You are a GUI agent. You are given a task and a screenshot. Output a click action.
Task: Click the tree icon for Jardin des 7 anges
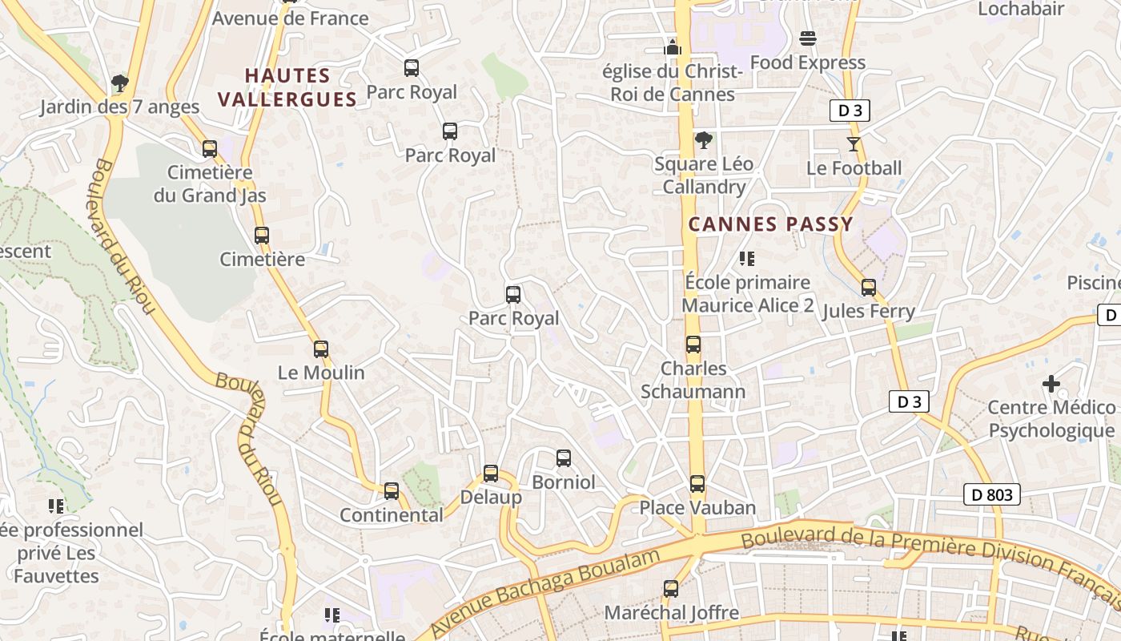pyautogui.click(x=119, y=83)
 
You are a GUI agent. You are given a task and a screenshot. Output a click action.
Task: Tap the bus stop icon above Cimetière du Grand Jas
pyautogui.click(x=210, y=148)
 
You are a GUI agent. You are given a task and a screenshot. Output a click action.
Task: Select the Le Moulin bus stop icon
pyautogui.click(x=321, y=349)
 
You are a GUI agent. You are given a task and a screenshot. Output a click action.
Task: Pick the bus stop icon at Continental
pyautogui.click(x=392, y=490)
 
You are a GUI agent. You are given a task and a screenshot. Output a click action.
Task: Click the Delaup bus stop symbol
pyautogui.click(x=491, y=473)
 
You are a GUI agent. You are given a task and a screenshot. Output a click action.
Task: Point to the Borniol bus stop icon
pyautogui.click(x=564, y=458)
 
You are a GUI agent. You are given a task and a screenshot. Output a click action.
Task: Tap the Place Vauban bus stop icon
pyautogui.click(x=697, y=484)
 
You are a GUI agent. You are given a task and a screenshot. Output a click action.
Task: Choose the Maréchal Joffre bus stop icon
pyautogui.click(x=671, y=589)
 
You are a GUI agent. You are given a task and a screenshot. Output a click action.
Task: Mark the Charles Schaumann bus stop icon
pyautogui.click(x=693, y=345)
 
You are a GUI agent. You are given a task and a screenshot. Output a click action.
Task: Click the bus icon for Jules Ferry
pyautogui.click(x=869, y=287)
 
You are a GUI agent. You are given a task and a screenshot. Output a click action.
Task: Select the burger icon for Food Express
pyautogui.click(x=807, y=38)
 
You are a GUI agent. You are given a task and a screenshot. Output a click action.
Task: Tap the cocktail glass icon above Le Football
pyautogui.click(x=854, y=144)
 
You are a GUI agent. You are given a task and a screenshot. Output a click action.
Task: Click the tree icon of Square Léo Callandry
pyautogui.click(x=704, y=140)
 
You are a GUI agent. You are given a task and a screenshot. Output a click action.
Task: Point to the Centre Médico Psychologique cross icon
pyautogui.click(x=1051, y=384)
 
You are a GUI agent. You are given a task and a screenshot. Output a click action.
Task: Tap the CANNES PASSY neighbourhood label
pyautogui.click(x=771, y=224)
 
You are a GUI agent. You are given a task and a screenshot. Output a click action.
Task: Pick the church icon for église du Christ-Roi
pyautogui.click(x=673, y=47)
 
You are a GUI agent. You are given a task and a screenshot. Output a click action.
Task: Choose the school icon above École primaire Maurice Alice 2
pyautogui.click(x=747, y=258)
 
